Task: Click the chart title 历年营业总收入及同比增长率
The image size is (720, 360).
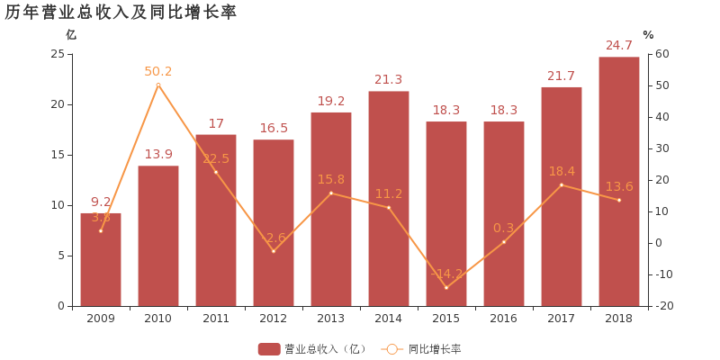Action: coord(121,12)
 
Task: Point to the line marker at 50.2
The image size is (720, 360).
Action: coord(158,85)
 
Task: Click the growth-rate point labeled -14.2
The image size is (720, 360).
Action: coord(446,288)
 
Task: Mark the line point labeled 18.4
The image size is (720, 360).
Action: coord(562,184)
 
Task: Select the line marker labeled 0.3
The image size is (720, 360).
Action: coord(504,242)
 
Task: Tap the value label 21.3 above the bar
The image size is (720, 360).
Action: coord(389,80)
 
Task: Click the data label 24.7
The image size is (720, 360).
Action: coord(619,46)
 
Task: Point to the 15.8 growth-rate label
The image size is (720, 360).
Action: coord(331,179)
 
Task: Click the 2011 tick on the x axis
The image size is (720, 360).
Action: coord(216,319)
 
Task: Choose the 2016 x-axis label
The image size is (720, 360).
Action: coord(504,319)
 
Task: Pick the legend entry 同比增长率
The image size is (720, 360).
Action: coord(423,349)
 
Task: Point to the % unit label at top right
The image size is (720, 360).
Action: coord(648,35)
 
